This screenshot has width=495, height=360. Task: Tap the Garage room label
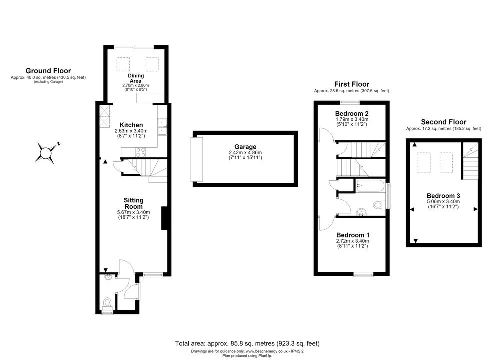[245, 147]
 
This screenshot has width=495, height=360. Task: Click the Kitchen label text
[131, 125]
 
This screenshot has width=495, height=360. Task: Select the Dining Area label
[136, 78]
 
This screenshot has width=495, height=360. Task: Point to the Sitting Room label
[133, 203]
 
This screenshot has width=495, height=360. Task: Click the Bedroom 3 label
[443, 196]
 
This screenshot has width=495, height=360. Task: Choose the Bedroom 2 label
[352, 113]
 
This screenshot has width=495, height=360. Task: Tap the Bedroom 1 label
[353, 235]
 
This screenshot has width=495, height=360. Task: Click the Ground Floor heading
[48, 71]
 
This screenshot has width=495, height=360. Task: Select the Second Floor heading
[444, 122]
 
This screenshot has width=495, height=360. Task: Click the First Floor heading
[352, 84]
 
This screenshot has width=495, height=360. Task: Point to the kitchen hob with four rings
[141, 152]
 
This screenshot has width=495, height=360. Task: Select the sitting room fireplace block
[164, 218]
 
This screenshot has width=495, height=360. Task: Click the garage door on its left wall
[197, 160]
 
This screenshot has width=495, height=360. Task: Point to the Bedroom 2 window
[350, 102]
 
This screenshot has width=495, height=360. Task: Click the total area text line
[247, 343]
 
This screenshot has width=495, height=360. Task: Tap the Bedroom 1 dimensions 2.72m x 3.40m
[353, 241]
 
